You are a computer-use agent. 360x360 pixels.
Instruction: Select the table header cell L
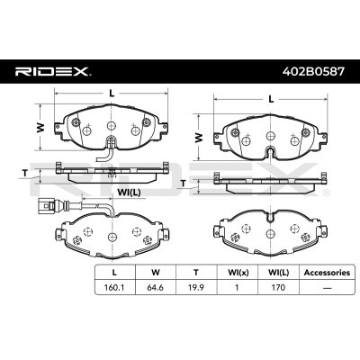pos(112,272)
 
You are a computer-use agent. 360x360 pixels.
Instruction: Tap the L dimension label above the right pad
pos(271,100)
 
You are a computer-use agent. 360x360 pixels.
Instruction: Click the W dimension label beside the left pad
pos(39,129)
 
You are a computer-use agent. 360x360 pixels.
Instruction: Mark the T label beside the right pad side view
pos(183,183)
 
